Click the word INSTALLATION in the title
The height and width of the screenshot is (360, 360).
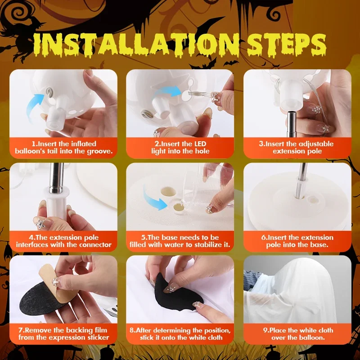point(137,45)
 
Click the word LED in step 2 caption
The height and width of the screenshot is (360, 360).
point(200,144)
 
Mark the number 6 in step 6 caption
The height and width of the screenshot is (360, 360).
point(263,238)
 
